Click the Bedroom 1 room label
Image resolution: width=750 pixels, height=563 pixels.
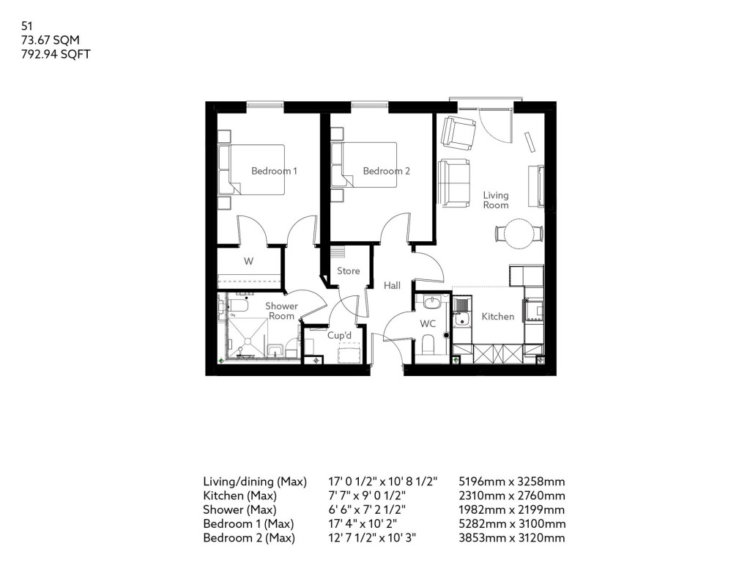coord(274,171)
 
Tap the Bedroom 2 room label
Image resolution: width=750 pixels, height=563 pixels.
coord(386,171)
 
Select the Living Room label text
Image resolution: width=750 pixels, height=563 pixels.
coord(495,200)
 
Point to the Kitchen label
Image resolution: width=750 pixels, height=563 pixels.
coord(497,317)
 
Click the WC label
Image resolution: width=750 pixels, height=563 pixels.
coord(428,323)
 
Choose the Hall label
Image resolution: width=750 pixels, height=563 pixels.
coord(392,285)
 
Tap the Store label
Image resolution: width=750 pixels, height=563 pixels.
coord(348,271)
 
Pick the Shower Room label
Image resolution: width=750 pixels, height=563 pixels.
coord(281,311)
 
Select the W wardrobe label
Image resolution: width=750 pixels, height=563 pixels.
coord(248,260)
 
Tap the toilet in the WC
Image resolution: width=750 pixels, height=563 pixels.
coord(428,345)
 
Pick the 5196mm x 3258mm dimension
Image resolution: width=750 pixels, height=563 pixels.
coord(510,482)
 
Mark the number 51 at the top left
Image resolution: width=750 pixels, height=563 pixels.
coord(28,26)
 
